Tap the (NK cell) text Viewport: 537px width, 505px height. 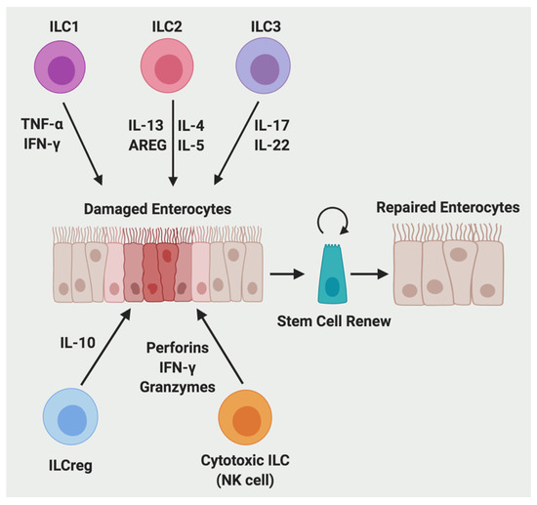247,483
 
